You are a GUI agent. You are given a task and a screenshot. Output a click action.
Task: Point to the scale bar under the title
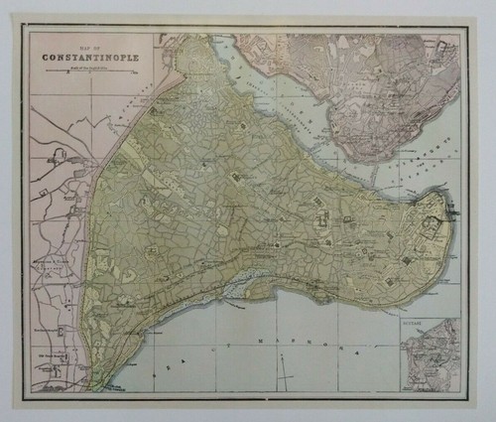click(x=89, y=67)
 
